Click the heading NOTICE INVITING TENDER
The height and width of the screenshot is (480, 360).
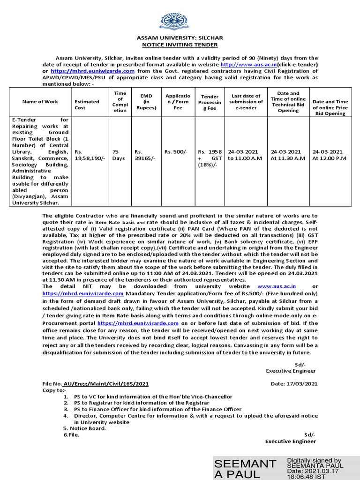click(x=180, y=45)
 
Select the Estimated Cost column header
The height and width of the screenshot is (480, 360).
click(x=87, y=104)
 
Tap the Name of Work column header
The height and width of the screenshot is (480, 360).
click(x=40, y=101)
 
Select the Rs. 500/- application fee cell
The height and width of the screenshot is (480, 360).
click(x=176, y=152)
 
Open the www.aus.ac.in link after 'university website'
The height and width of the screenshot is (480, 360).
click(x=277, y=285)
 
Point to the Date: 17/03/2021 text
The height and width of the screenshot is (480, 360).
click(x=294, y=383)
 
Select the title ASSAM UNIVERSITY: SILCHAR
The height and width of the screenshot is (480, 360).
click(x=180, y=37)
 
